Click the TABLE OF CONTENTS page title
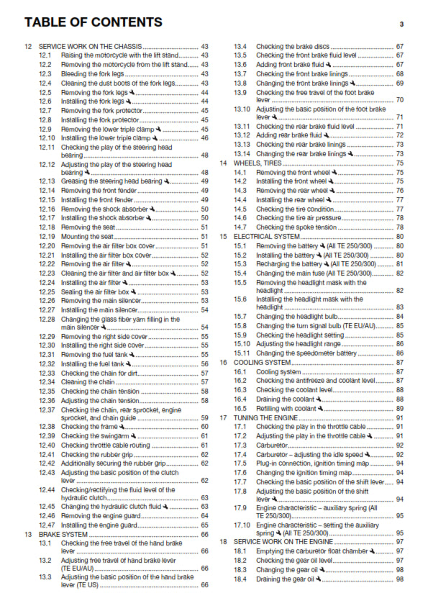pyautogui.click(x=93, y=22)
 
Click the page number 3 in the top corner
pyautogui.click(x=401, y=24)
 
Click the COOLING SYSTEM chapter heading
pyautogui.click(x=266, y=363)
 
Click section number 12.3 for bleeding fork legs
pyautogui.click(x=45, y=74)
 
